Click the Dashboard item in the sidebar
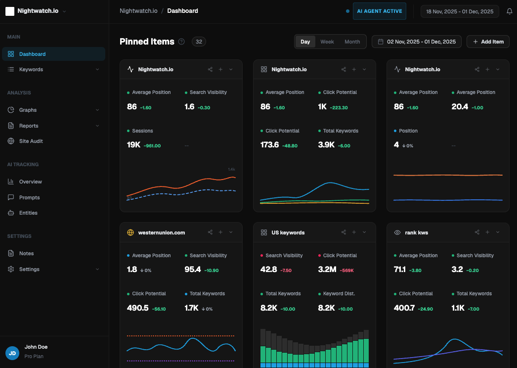(x=32, y=54)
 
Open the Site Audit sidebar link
(x=31, y=141)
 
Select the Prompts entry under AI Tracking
(x=29, y=197)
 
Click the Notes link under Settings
(x=26, y=253)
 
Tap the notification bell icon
(x=510, y=11)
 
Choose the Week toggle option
(x=327, y=42)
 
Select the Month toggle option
(x=352, y=42)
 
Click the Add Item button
(x=488, y=42)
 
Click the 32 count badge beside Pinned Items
(x=199, y=42)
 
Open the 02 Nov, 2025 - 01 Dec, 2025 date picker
(x=417, y=42)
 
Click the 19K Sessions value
(x=133, y=145)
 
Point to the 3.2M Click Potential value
(x=328, y=270)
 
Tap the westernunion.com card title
(x=161, y=232)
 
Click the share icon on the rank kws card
(x=477, y=232)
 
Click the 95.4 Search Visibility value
(x=193, y=270)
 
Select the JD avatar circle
(x=12, y=353)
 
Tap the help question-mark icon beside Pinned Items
(x=181, y=42)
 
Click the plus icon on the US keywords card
(x=354, y=232)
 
